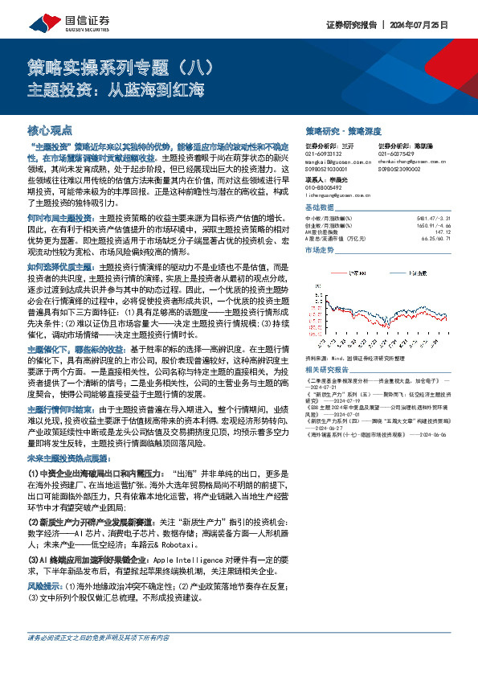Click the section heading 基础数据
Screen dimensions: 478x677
[x=321, y=207]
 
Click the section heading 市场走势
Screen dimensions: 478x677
[x=321, y=250]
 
